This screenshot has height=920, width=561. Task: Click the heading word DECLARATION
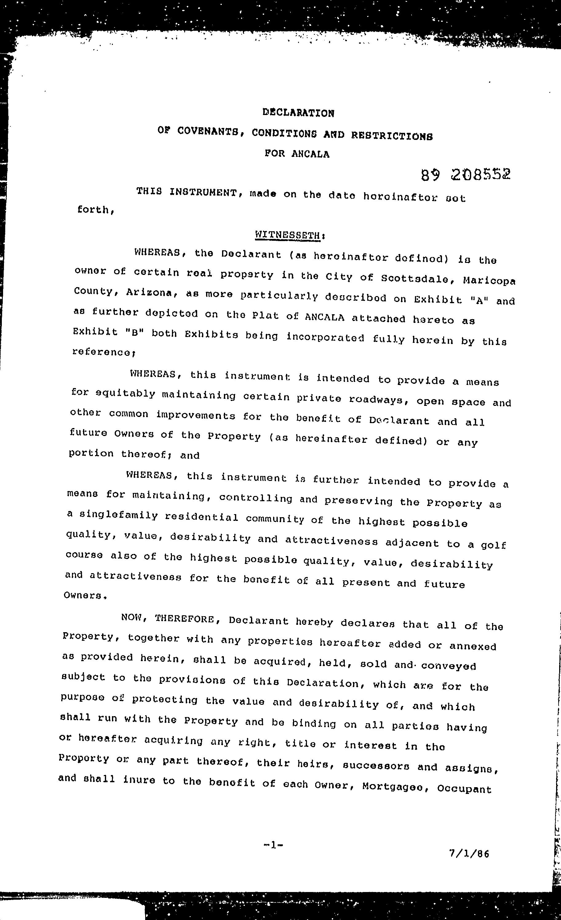[298, 113]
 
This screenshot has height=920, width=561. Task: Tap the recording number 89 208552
[465, 174]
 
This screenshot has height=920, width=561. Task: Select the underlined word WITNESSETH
[288, 235]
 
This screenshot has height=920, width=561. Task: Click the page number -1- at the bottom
[273, 845]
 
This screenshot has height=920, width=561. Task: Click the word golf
[493, 545]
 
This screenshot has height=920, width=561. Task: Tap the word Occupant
[464, 789]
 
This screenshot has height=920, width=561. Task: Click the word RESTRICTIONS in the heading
[392, 136]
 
